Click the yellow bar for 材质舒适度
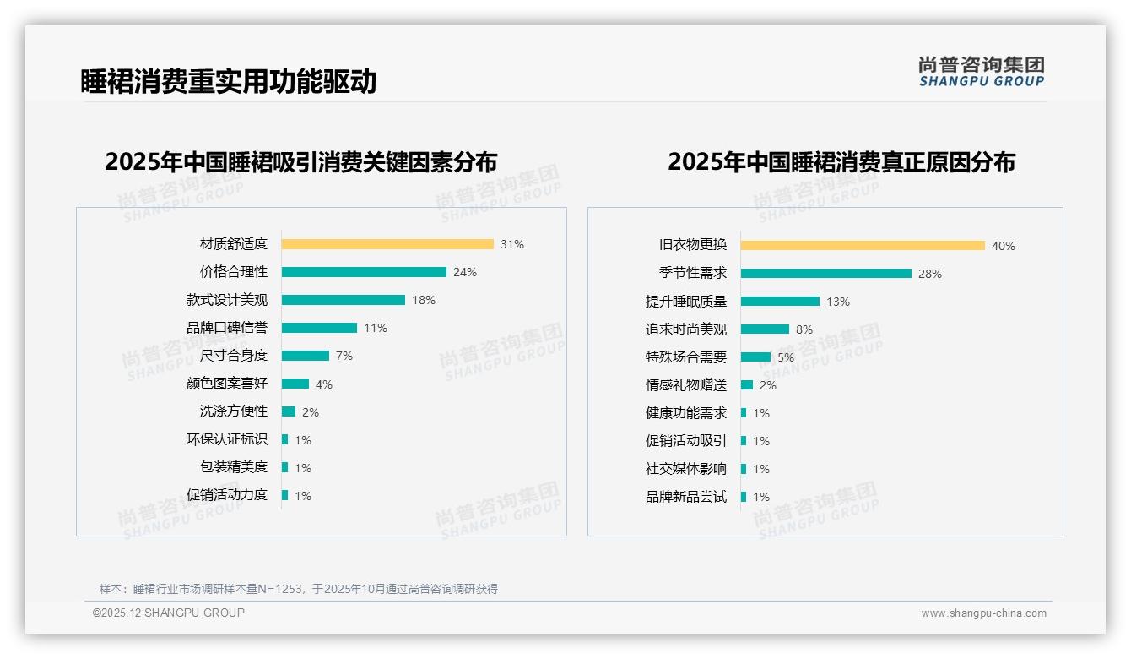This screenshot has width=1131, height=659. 387,244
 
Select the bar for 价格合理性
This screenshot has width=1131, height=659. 364,272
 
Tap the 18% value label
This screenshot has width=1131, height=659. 424,300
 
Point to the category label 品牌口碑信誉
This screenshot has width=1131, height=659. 227,328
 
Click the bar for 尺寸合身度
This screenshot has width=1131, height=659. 306,356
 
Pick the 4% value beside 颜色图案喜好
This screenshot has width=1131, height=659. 324,384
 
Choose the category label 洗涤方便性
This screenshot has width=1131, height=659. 234,411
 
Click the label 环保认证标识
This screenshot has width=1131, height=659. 227,439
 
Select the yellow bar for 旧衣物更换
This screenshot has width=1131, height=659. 863,246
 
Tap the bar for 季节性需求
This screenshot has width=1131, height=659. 826,274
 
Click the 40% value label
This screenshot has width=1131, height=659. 1004,247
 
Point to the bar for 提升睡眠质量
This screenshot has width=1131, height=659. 780,302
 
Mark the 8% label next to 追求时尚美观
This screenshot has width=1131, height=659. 804,329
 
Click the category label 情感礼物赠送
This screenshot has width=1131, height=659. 686,385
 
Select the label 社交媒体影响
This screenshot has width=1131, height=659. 686,469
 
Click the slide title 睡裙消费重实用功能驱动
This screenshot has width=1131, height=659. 228,81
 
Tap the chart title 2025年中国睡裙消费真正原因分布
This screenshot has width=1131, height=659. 841,161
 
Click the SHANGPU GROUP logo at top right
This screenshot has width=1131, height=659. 982,72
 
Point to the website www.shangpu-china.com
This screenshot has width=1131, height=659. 983,613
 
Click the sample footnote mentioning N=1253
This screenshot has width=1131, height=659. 299,589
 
